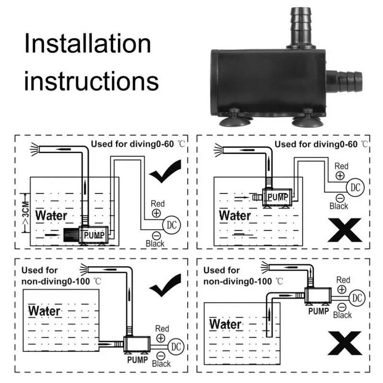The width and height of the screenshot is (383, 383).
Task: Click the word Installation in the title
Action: pos(88,44)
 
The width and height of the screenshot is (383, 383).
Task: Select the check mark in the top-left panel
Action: pos(165,173)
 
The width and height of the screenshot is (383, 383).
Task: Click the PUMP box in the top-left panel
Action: pos(94,235)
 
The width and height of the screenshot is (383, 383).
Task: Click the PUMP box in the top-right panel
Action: pos(277,196)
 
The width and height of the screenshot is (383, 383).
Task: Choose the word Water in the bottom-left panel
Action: pos(45,311)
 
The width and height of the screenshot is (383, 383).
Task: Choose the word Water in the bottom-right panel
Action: pos(225,324)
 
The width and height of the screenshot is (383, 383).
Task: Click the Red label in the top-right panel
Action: pos(341,166)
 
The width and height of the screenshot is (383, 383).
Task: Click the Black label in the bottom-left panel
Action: pos(161,363)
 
